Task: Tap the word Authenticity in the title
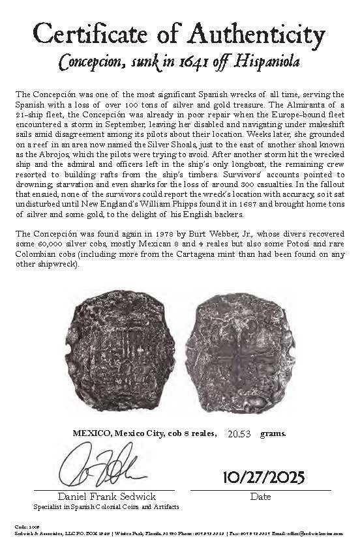tap(260, 33)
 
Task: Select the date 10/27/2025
tap(263, 477)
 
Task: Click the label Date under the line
tap(261, 497)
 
